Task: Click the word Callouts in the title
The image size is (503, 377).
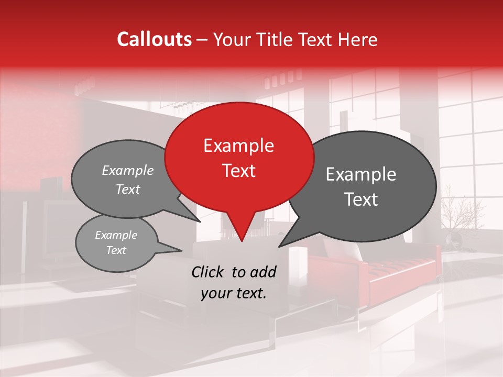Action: (154, 39)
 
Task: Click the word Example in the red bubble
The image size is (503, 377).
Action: (238, 146)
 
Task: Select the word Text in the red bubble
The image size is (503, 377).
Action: (238, 171)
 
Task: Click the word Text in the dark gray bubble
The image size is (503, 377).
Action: (361, 199)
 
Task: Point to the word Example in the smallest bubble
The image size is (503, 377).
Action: (116, 235)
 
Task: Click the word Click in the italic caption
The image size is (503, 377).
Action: (208, 272)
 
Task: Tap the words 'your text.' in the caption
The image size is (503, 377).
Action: (234, 293)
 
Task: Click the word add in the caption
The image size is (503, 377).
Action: (263, 272)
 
